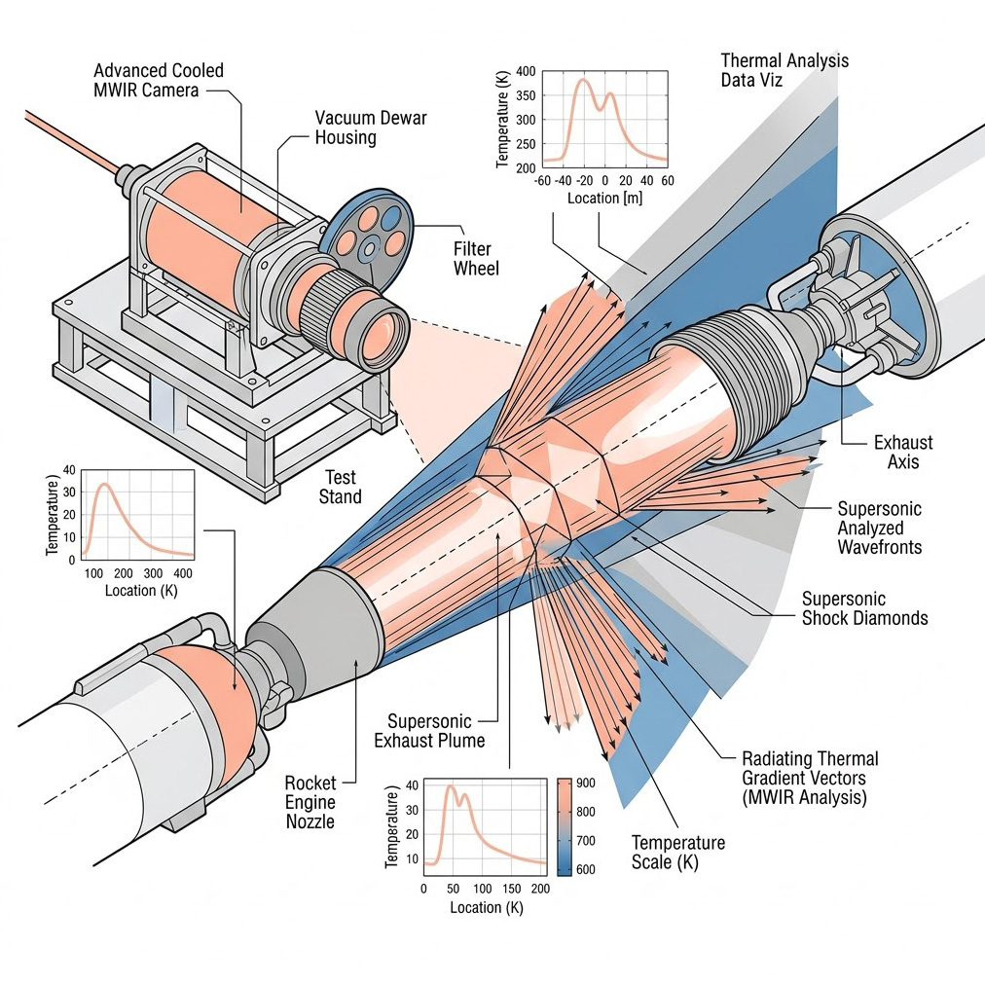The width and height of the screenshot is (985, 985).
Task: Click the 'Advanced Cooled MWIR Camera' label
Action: pyautogui.click(x=159, y=81)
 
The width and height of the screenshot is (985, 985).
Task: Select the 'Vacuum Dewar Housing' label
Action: pyautogui.click(x=371, y=128)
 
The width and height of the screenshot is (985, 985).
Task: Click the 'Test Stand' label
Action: pyautogui.click(x=340, y=487)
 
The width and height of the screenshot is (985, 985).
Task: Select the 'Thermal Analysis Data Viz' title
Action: pyautogui.click(x=784, y=70)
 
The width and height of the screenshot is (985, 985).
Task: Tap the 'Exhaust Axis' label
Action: pyautogui.click(x=895, y=452)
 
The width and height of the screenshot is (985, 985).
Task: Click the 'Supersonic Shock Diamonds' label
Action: pyautogui.click(x=864, y=608)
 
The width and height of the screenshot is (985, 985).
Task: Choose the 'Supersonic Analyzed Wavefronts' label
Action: pyautogui.click(x=879, y=528)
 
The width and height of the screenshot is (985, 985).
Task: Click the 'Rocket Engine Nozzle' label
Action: pyautogui.click(x=310, y=802)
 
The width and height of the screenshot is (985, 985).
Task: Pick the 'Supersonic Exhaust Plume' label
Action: pyautogui.click(x=429, y=731)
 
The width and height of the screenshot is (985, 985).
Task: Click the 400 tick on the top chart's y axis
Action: pyautogui.click(x=526, y=71)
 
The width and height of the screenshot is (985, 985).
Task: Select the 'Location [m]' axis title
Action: pyautogui.click(x=605, y=198)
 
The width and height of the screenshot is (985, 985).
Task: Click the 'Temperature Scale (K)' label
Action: pyautogui.click(x=678, y=853)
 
